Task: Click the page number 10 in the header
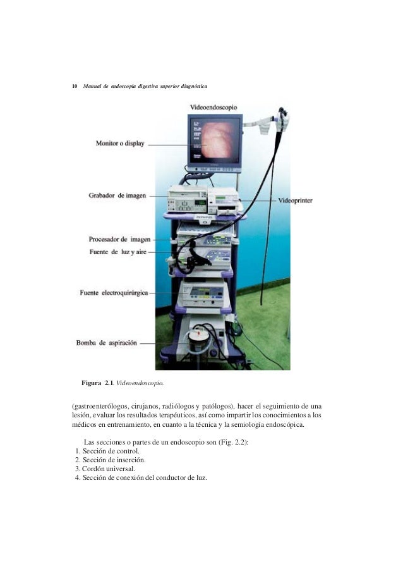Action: [74, 85]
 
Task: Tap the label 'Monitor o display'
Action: [120, 144]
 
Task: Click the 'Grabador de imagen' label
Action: [117, 196]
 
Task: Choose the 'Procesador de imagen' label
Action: [119, 240]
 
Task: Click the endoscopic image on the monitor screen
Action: [214, 142]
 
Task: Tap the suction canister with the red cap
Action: [199, 341]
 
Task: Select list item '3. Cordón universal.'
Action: [104, 469]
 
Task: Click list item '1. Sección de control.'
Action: [106, 451]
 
